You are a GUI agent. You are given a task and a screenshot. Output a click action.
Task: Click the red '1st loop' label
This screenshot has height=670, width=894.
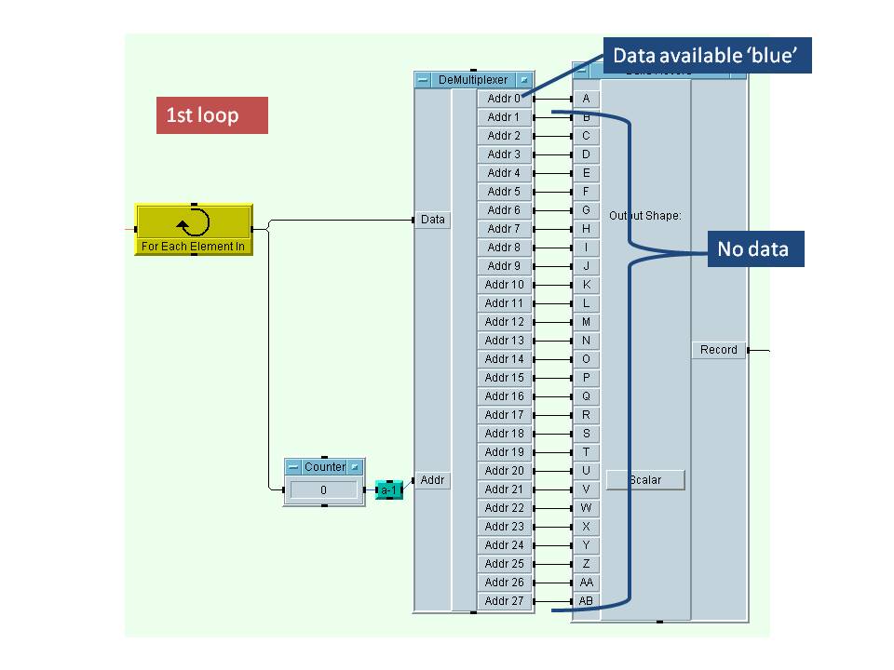click(211, 115)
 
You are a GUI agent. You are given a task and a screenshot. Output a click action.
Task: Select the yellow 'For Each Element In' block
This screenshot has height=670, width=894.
click(194, 230)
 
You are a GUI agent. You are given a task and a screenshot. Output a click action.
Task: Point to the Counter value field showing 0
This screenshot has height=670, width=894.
click(323, 489)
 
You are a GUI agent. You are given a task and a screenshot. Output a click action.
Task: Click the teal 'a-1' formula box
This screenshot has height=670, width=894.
click(389, 489)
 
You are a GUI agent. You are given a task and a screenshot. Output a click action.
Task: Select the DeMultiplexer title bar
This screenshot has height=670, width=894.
click(473, 80)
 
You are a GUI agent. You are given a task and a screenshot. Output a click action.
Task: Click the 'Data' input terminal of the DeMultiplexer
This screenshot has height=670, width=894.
click(433, 220)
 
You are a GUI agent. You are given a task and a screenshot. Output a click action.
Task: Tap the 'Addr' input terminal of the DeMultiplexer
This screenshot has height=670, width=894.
click(433, 480)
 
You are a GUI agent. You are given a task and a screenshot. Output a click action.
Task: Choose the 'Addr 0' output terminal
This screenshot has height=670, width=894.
click(505, 98)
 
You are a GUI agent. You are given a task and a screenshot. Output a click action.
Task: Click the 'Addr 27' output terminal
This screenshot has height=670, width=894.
click(505, 601)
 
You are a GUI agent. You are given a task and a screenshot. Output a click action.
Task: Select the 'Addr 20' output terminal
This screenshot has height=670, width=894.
click(505, 471)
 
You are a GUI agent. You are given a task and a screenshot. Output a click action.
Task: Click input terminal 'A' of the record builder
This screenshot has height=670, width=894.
click(586, 98)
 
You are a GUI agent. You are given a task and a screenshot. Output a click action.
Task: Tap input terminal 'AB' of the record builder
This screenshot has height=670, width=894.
click(586, 601)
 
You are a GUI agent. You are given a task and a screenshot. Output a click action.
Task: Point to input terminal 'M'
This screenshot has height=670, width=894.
click(586, 322)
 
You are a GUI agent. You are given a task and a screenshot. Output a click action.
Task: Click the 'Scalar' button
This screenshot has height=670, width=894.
click(645, 480)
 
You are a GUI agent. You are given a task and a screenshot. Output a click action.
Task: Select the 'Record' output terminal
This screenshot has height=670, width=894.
click(719, 350)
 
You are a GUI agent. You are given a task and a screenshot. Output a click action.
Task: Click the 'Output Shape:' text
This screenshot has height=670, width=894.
click(645, 216)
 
